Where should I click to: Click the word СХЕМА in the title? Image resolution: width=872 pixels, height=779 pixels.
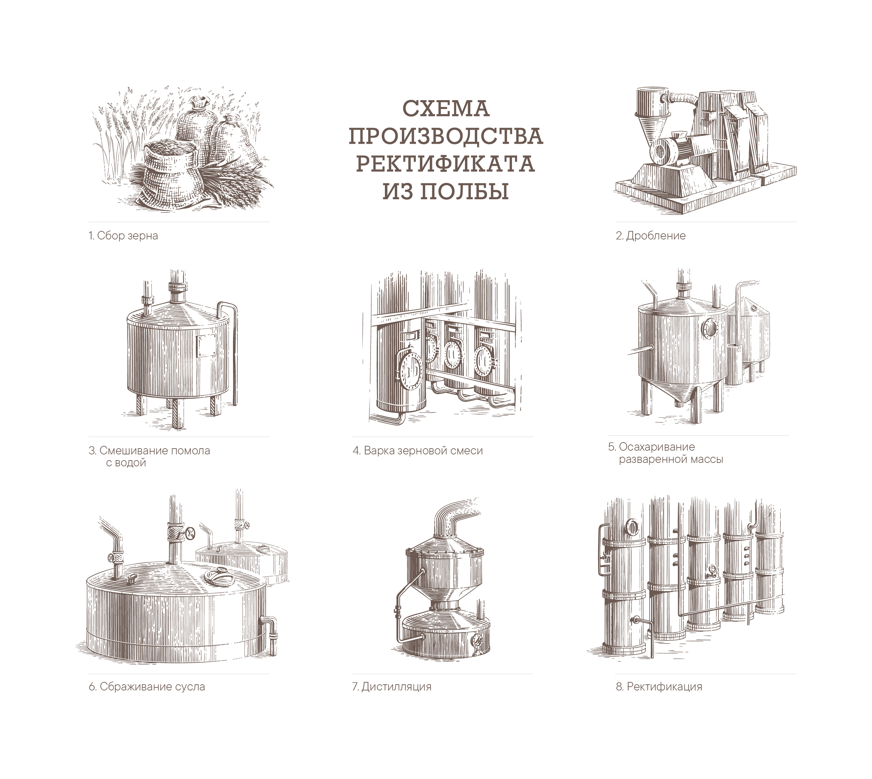coord(446,109)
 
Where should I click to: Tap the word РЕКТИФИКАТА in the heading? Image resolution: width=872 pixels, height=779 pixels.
coord(445,164)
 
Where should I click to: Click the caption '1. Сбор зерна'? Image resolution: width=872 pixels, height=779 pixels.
coord(123,236)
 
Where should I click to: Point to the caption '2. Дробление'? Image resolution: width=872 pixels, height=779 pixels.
coord(651,236)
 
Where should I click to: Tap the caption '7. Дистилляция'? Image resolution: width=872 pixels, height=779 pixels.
coord(392,687)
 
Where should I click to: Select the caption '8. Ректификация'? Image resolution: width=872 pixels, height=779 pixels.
coord(659,687)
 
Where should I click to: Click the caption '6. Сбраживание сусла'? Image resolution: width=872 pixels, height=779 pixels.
coord(147,687)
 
